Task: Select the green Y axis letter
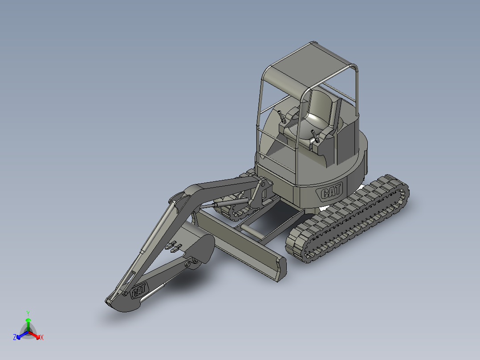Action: coord(28,313)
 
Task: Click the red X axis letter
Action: coord(42,337)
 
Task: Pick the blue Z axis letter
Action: coord(15,337)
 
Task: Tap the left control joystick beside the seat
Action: coord(281,116)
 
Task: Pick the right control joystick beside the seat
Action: coord(315,134)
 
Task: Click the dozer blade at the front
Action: coord(243,247)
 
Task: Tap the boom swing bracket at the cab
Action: coord(261,192)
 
